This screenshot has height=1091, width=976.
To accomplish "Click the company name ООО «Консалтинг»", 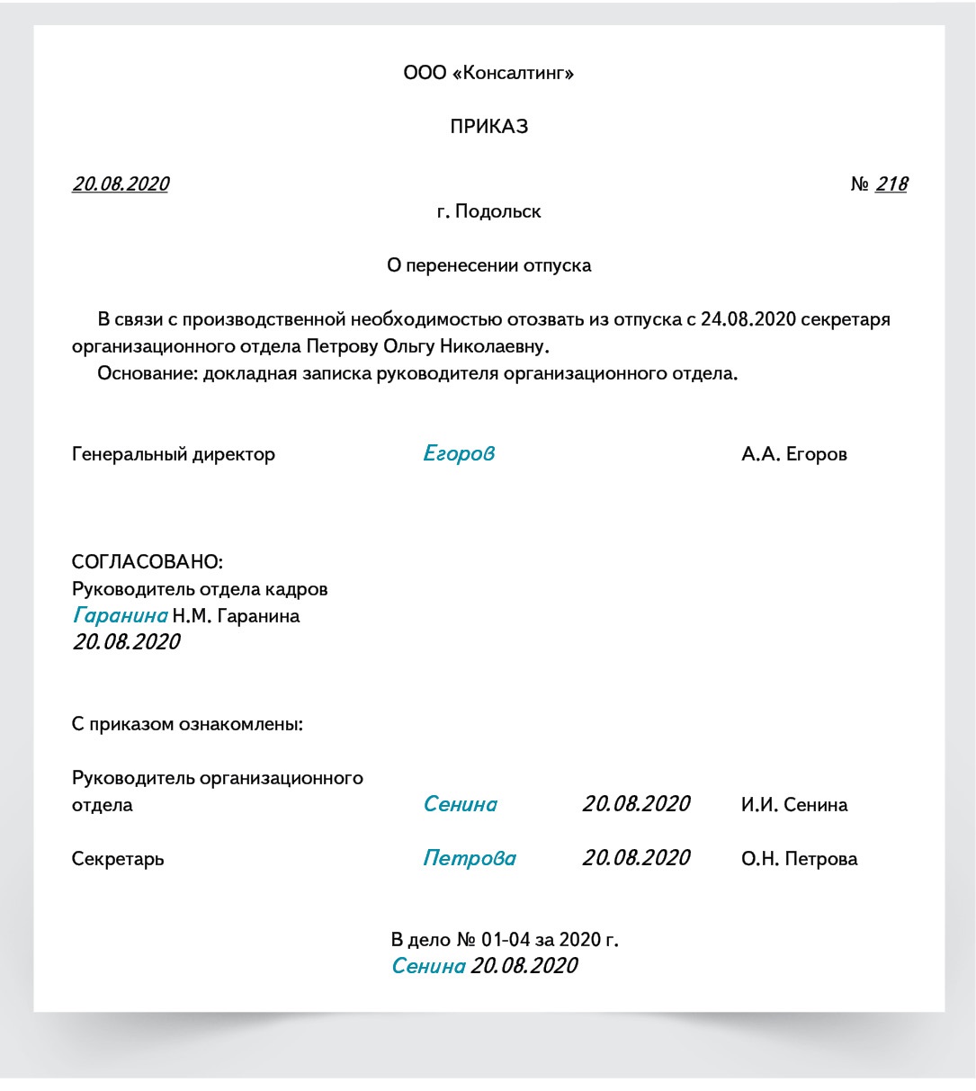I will coord(488,73).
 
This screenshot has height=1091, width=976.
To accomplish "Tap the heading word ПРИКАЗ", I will coord(488,127).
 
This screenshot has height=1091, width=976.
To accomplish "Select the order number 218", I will coord(891,184).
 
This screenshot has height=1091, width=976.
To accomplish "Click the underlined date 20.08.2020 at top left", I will coord(121,184).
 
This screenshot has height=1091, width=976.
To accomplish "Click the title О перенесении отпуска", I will coord(488,265).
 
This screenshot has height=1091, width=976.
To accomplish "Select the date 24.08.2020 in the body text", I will coord(748,319).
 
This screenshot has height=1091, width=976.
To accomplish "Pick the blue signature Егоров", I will coord(459,454).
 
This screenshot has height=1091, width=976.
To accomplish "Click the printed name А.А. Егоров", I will coord(793,454).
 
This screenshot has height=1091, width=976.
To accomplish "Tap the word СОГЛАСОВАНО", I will coord(146,562).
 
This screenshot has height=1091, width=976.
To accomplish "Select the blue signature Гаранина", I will coord(121,616).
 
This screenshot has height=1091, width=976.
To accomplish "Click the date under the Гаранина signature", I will coord(126,642).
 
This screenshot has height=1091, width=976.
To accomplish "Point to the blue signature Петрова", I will coord(470,859).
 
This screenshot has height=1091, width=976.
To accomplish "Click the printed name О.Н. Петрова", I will coord(799,859).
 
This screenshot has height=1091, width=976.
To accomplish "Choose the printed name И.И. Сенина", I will coord(793,805).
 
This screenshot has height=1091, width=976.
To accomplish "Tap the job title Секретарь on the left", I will coord(118,859).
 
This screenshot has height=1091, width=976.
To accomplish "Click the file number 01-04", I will coord(506,940).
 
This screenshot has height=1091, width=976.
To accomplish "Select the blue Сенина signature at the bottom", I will coord(428,966).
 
